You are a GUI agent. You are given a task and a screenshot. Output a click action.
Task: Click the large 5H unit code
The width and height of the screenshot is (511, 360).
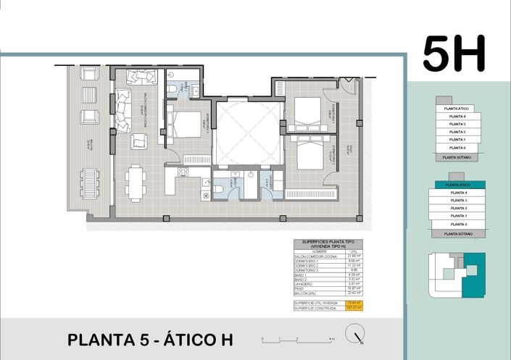click(x=454, y=54)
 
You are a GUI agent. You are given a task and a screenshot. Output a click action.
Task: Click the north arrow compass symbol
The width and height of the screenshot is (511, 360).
click(x=355, y=335)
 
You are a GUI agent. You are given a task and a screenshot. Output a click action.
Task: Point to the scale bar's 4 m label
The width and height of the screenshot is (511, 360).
click(x=331, y=340)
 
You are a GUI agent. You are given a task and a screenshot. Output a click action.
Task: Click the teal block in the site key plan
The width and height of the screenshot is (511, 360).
click(x=474, y=275)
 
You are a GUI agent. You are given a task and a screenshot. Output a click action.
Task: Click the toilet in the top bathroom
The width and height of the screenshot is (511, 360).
click(x=170, y=89)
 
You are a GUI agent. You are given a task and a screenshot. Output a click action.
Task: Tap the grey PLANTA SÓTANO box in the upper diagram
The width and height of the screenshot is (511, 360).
click(x=457, y=156)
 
